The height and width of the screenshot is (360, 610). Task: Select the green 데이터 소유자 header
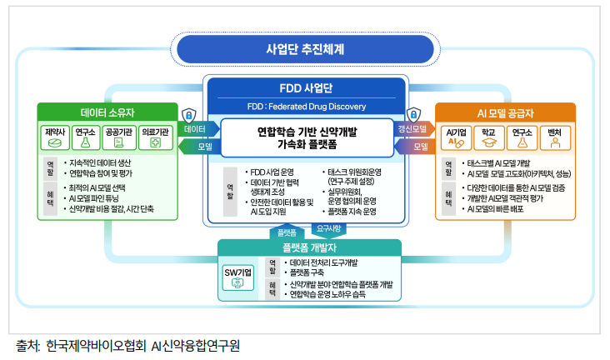click(x=107, y=112)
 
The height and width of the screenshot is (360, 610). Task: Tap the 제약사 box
click(x=54, y=137)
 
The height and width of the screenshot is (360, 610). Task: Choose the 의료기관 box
click(x=155, y=137)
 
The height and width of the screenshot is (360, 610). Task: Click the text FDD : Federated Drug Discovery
click(x=304, y=107)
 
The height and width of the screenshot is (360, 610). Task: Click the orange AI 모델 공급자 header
click(x=505, y=112)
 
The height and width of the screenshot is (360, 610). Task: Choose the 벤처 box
click(x=554, y=137)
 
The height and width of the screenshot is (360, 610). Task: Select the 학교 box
click(x=489, y=137)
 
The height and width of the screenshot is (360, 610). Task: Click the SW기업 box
click(x=238, y=278)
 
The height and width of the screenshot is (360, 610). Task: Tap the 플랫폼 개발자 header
click(x=309, y=248)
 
